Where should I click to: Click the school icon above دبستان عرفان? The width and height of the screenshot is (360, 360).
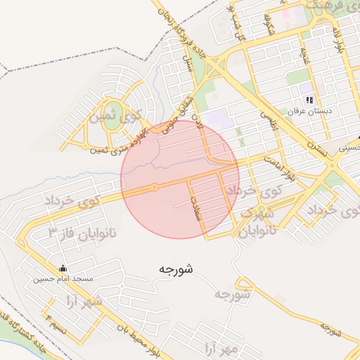(309, 100)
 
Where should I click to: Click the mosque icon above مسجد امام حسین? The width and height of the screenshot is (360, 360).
(63, 268)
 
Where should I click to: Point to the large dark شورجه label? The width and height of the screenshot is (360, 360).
(175, 268)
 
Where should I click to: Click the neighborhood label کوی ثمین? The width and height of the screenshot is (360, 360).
(115, 115)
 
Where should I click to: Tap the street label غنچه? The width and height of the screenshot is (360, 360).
(304, 56)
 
